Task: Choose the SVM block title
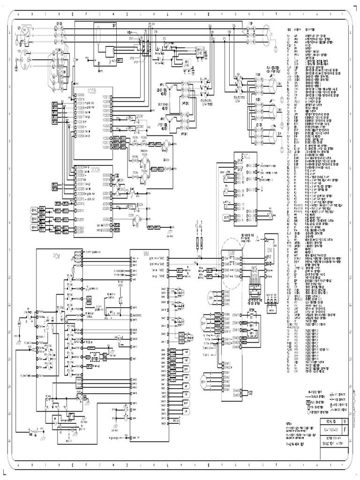click(x=232, y=253)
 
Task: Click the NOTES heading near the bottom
click(x=291, y=422)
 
